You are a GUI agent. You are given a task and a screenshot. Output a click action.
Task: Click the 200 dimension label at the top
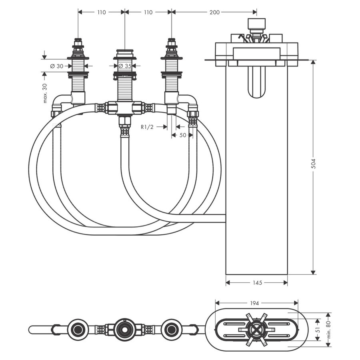214,12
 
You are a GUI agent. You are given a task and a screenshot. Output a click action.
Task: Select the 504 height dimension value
313,164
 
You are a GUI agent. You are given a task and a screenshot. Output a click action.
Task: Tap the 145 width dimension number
257,283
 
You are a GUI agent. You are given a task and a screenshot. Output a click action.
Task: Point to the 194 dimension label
254,303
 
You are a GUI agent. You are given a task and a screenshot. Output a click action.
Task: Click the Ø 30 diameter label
57,66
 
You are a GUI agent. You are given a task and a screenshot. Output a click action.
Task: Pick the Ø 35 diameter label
125,66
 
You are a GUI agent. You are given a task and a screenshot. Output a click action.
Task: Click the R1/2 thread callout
147,127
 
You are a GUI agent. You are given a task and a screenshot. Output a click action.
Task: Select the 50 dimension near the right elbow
182,135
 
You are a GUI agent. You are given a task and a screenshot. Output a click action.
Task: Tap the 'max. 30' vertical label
44,93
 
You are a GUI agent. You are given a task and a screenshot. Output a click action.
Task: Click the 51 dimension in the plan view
318,330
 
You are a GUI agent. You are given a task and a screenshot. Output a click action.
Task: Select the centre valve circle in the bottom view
124,330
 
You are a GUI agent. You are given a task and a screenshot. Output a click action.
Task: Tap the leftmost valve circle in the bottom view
78,330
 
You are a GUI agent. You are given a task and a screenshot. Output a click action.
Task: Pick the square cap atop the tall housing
256,23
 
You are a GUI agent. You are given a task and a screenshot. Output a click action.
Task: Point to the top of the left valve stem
78,40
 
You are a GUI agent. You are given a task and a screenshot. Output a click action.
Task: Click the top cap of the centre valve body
125,51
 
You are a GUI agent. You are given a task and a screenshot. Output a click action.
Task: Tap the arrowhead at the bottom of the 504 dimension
313,272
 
